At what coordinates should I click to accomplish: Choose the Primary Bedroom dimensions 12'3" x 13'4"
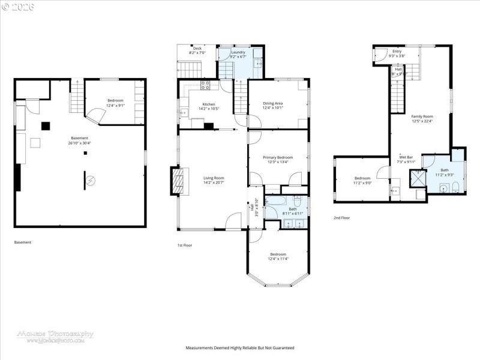[x=277, y=162]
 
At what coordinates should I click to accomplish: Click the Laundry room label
[x=238, y=52]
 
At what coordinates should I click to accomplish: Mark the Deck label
[x=197, y=49]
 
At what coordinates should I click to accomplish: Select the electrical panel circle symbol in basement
[x=88, y=180]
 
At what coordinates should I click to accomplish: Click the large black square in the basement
[x=46, y=125]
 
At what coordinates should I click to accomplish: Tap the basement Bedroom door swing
[x=95, y=113]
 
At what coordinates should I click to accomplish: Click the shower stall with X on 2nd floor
[x=416, y=178]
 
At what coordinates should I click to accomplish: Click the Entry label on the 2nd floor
[x=397, y=52]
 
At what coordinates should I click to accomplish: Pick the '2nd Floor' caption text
[x=341, y=218]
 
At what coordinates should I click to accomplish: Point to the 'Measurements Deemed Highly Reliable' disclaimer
[x=239, y=348]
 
